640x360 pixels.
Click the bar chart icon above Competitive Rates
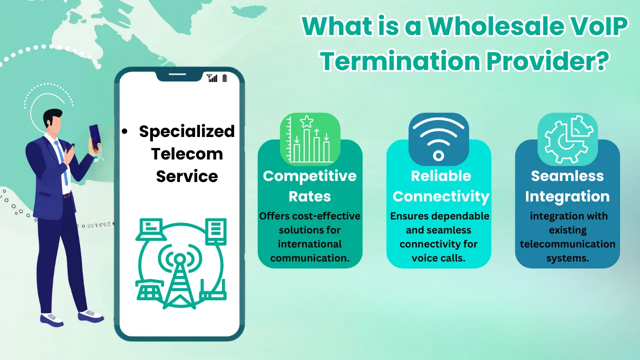[x=310, y=139]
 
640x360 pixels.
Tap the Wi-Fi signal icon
[x=438, y=139]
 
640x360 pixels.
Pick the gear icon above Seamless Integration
[x=567, y=139]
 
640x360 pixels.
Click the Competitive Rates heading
[x=310, y=185]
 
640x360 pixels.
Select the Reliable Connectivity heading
[x=440, y=185]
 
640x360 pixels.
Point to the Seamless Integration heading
[x=567, y=185]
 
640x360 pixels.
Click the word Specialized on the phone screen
[x=186, y=131]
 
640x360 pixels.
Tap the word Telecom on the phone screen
[x=187, y=153]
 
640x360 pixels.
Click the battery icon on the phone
[x=224, y=78]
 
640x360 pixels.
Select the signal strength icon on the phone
[x=212, y=78]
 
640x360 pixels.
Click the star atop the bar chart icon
[x=306, y=121]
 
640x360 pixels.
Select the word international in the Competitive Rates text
[x=310, y=244]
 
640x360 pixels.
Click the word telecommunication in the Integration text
[x=567, y=244]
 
